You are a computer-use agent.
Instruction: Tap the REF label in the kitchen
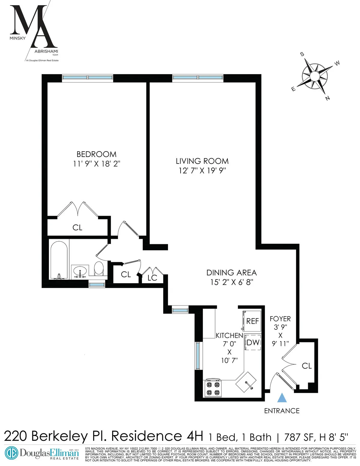coord(252,321)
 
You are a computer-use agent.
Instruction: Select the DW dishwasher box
coord(253,342)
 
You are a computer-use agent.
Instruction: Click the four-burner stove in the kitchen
coord(213,388)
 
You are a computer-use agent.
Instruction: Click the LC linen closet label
coord(152,278)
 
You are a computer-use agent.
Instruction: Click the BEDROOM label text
coord(96,154)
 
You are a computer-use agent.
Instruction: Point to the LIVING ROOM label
coord(202,161)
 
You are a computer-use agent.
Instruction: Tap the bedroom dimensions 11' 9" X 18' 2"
coord(96,164)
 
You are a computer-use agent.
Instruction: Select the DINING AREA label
coord(231,273)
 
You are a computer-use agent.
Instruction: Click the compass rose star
coord(314,77)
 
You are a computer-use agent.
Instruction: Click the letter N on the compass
coord(328,98)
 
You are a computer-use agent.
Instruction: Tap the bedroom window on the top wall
coord(88,77)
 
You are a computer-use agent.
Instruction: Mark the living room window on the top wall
coord(198,77)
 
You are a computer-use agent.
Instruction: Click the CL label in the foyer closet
coord(307,366)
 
